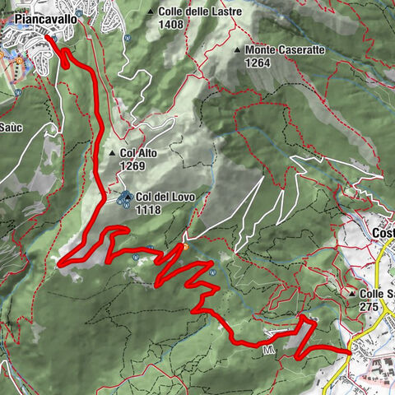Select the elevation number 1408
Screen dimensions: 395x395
pos(172,25)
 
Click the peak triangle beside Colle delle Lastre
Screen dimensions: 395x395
pos(151,12)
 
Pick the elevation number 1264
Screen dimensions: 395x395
pos(257,63)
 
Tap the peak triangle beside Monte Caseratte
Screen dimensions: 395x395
pos(238,50)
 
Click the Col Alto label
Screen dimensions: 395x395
pos(138,153)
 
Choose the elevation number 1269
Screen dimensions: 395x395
pos(132,165)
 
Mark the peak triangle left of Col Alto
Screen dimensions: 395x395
pos(112,154)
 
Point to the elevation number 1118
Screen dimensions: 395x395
pos(149,210)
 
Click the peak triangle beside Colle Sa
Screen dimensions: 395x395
pos(351,293)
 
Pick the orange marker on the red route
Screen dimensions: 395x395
pos(186,245)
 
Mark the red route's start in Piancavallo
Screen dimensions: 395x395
pos(46,37)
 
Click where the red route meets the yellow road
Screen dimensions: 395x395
pos(350,351)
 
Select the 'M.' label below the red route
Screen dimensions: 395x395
pos(268,350)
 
